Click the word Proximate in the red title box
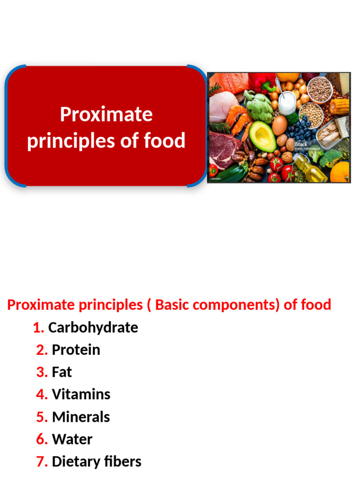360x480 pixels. pyautogui.click(x=106, y=115)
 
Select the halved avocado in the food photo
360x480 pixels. pyautogui.click(x=262, y=136)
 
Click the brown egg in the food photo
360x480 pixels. pyautogui.click(x=279, y=125)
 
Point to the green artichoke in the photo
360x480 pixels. pyautogui.click(x=259, y=106)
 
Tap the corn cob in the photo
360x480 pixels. pyautogui.click(x=339, y=106)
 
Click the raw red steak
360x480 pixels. pyautogui.click(x=223, y=148)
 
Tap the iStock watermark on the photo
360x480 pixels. pyautogui.click(x=301, y=144)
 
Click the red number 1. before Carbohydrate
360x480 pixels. pyautogui.click(x=39, y=328)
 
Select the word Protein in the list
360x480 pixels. pyautogui.click(x=76, y=350)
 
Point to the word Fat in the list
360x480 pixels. pyautogui.click(x=62, y=372)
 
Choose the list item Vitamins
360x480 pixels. pyautogui.click(x=81, y=394)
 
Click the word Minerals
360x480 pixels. pyautogui.click(x=81, y=417)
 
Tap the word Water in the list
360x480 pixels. pyautogui.click(x=72, y=439)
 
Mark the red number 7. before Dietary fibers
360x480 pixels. pyautogui.click(x=42, y=462)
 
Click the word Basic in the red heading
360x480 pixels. pyautogui.click(x=172, y=305)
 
